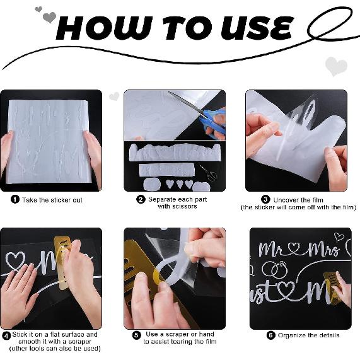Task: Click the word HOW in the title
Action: [104, 28]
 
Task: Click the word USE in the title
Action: [257, 28]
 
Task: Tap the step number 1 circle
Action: [15, 199]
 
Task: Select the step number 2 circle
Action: [141, 199]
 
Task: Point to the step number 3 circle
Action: [265, 199]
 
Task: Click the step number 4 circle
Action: [6, 336]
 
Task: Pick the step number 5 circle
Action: [136, 335]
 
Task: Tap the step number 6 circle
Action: [271, 335]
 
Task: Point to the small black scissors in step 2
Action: [209, 173]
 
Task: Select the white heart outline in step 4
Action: [15, 261]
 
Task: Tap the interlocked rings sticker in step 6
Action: [275, 269]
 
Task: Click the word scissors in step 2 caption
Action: [177, 206]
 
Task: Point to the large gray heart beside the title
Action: [49, 17]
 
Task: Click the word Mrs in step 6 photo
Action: [323, 250]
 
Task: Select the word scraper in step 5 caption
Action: [177, 334]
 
